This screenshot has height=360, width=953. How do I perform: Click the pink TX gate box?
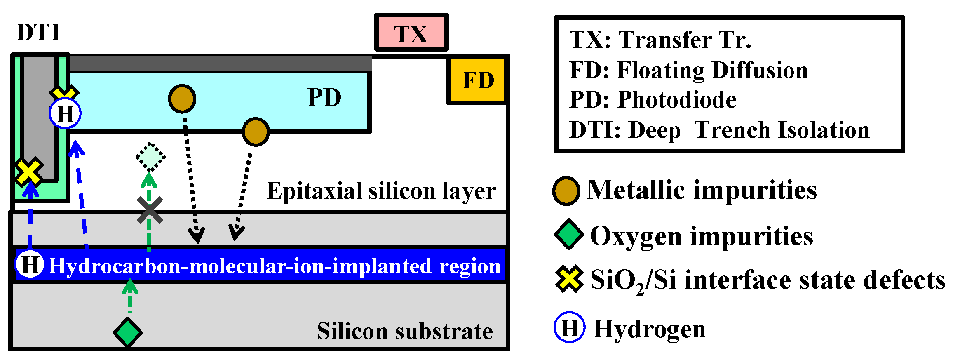(411, 33)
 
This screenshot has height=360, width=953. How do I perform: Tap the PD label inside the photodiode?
(324, 98)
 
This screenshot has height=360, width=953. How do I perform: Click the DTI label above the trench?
(38, 32)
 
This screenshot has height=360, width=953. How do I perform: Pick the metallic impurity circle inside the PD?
(182, 99)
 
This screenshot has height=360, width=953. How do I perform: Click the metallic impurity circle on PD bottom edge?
(256, 132)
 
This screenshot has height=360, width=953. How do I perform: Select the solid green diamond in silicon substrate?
(128, 332)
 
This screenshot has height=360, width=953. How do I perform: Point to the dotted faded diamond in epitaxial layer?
(150, 157)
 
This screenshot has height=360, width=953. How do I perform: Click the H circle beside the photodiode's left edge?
(65, 113)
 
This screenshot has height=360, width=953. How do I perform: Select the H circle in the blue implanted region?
(30, 264)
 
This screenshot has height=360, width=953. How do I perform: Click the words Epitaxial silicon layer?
(381, 191)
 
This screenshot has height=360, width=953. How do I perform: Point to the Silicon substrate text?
(404, 331)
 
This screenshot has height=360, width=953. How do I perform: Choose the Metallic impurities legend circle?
(566, 191)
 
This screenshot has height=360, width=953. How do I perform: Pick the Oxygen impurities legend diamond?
(568, 235)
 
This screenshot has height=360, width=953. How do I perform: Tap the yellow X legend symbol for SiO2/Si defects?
(569, 279)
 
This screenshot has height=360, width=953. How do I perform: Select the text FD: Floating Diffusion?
(688, 70)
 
